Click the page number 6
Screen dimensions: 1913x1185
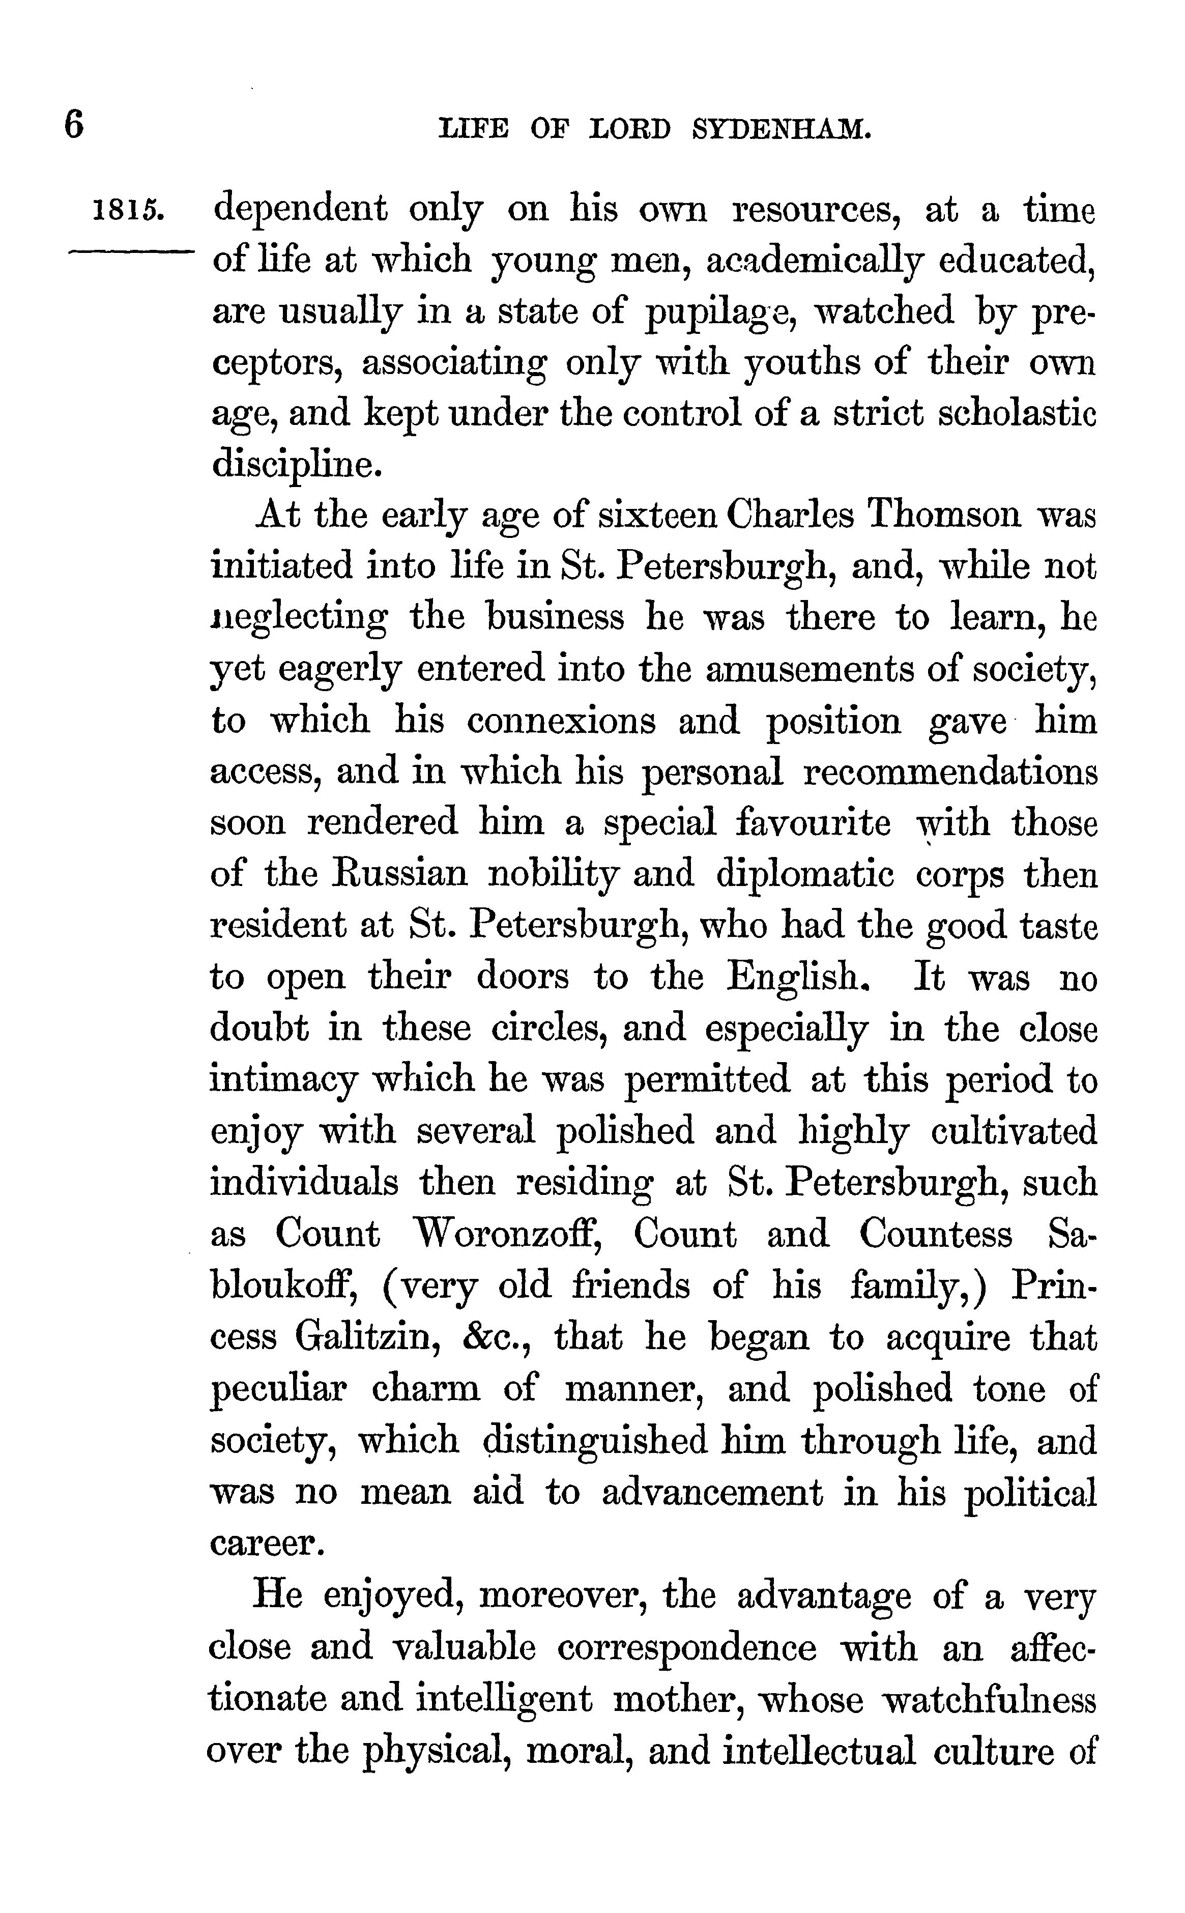[x=74, y=125]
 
